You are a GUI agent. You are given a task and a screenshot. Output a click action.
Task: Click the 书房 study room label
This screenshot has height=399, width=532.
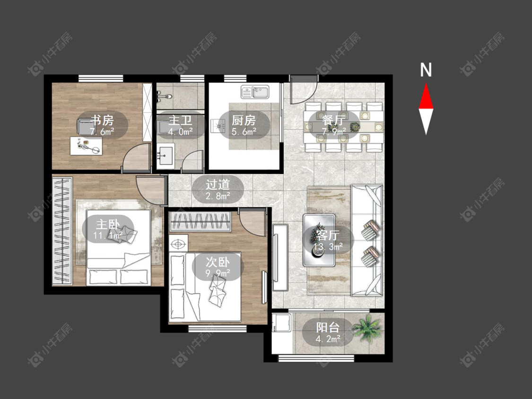102,121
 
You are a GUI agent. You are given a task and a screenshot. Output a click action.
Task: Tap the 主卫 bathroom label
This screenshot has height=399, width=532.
180,121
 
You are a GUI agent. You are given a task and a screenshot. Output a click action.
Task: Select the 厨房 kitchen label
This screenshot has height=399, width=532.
244,121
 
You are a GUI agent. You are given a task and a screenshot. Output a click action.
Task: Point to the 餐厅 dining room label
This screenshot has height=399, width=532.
334,121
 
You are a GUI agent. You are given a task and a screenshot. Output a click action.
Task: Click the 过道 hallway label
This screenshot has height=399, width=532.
218,184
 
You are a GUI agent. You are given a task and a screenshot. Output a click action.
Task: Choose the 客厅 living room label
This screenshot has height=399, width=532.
328,235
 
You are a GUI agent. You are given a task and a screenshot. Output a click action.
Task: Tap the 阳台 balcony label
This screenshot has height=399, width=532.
328,328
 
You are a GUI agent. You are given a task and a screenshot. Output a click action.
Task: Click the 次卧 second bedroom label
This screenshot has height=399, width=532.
218,262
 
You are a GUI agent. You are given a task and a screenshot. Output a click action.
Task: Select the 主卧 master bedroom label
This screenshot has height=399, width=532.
108,224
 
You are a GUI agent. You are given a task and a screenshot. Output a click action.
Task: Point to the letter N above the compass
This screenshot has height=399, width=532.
426,70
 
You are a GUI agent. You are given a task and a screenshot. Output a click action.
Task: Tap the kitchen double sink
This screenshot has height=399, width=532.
255,92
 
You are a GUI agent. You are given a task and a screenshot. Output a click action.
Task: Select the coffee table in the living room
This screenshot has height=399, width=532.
319,240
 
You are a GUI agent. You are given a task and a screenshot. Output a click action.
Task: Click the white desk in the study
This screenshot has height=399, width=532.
86,146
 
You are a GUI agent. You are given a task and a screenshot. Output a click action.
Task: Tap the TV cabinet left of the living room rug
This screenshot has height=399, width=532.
280,257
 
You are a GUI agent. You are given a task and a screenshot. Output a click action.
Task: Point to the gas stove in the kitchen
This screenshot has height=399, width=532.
218,126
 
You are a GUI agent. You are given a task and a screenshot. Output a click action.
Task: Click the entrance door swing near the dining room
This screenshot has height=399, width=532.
304,89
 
